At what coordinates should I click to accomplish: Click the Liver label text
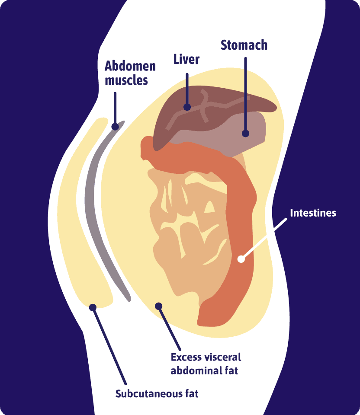pyautogui.click(x=186, y=59)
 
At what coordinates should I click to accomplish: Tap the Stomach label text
pyautogui.click(x=244, y=45)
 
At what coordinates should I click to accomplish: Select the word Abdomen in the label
pyautogui.click(x=130, y=67)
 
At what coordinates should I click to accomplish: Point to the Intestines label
pyautogui.click(x=313, y=213)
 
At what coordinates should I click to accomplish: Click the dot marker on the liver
pyautogui.click(x=187, y=107)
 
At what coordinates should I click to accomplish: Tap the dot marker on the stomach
pyautogui.click(x=246, y=134)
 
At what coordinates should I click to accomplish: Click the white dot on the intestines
pyautogui.click(x=241, y=259)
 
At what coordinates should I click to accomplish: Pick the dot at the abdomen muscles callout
pyautogui.click(x=115, y=127)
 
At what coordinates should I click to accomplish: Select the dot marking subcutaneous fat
pyautogui.click(x=92, y=307)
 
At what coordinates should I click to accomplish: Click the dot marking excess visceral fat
pyautogui.click(x=158, y=306)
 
